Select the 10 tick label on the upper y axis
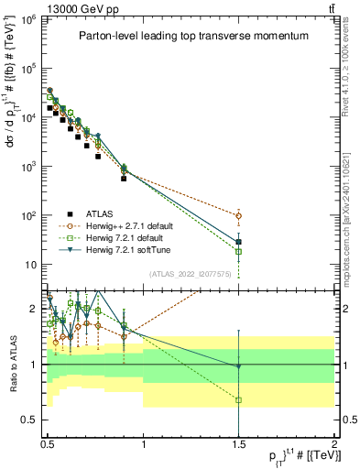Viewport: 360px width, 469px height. pyautogui.click(x=34, y=266)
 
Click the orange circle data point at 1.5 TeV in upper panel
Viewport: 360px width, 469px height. pyautogui.click(x=238, y=216)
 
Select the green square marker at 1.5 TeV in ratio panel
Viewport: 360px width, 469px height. pyautogui.click(x=238, y=400)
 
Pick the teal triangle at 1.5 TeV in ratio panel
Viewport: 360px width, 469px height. pyautogui.click(x=238, y=366)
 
